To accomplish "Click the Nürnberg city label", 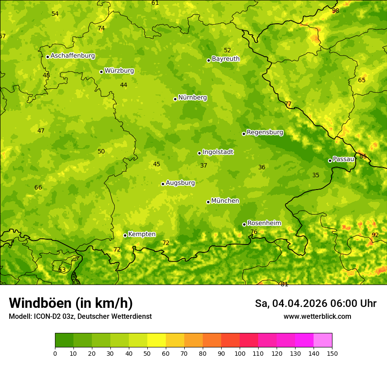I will point(192,98).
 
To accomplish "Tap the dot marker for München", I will point(208,202).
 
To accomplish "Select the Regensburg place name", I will point(265,132).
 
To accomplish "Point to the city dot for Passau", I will point(330,161).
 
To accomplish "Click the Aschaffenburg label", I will point(73,56).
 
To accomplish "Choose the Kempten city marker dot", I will point(125,235).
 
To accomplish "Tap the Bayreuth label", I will point(226,59).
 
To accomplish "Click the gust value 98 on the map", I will point(336,11).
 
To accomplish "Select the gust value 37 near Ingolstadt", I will point(204,166).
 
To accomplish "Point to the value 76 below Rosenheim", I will point(254,232).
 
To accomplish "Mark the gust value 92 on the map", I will point(375,235).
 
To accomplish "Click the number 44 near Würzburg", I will point(124,85).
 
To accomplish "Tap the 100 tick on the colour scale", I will point(240,353).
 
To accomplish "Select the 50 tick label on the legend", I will point(147,353).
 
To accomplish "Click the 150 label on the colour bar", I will point(332,353).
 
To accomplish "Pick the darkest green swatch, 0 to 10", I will point(64,340).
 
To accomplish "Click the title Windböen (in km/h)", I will point(71,303).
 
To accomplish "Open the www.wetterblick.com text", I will point(317,317).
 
